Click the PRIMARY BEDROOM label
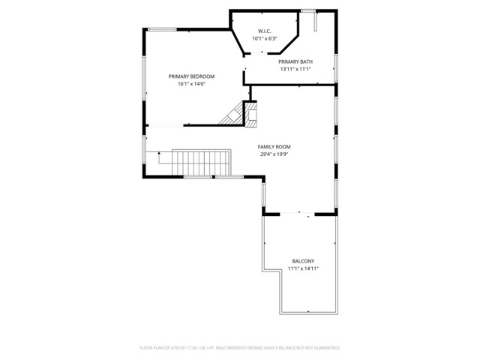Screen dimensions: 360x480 191,76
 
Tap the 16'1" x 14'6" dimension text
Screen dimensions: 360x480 191,84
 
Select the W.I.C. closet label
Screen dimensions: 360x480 265,31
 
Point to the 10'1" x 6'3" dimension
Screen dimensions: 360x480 265,38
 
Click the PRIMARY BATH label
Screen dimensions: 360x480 295,61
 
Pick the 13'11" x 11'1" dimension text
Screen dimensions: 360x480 295,69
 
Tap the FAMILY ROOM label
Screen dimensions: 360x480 274,147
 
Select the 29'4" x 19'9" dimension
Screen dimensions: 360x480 274,154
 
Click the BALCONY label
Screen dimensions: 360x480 303,262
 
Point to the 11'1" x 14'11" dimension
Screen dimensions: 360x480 303,269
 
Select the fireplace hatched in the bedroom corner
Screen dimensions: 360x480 232,114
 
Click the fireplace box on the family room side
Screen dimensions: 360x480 253,115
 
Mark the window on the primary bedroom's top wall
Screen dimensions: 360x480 161,29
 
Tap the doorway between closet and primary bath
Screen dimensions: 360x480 257,53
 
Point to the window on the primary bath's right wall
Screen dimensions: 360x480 335,67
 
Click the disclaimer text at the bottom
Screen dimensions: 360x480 240,348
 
